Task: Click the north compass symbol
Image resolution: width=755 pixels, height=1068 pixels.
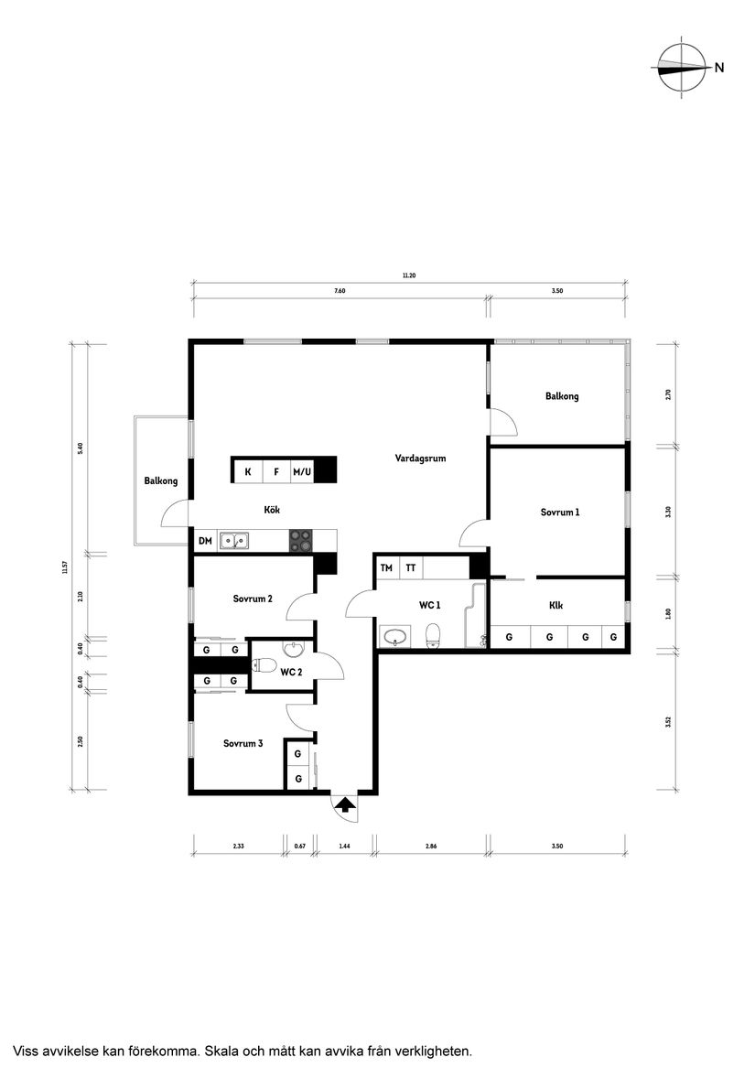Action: [x=682, y=68]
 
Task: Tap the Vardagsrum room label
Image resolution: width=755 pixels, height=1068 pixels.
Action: [x=420, y=458]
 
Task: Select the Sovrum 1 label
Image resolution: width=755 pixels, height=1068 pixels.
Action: [x=559, y=512]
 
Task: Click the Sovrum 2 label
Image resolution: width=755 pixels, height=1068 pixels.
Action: [x=253, y=599]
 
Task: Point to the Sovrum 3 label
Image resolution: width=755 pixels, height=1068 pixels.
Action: [x=243, y=744]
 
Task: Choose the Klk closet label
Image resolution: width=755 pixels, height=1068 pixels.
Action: [x=555, y=606]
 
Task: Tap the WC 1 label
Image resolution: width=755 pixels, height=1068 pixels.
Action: [x=430, y=605]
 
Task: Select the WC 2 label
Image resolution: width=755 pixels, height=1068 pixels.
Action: [x=291, y=673]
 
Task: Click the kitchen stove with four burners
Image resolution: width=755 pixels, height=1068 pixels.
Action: [x=301, y=541]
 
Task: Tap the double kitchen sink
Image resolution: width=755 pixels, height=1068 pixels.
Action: [x=234, y=541]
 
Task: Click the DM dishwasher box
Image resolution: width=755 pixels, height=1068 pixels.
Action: [x=205, y=541]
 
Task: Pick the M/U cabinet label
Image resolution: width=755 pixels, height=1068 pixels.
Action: [x=302, y=472]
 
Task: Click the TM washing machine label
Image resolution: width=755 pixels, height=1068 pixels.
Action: [x=387, y=568]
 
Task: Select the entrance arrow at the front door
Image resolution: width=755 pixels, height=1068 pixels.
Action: [x=345, y=805]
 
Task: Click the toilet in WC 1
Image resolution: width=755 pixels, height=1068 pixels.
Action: [x=434, y=633]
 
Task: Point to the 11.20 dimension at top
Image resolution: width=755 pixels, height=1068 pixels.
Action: [x=409, y=275]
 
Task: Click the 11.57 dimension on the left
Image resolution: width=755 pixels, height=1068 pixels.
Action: [x=67, y=567]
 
